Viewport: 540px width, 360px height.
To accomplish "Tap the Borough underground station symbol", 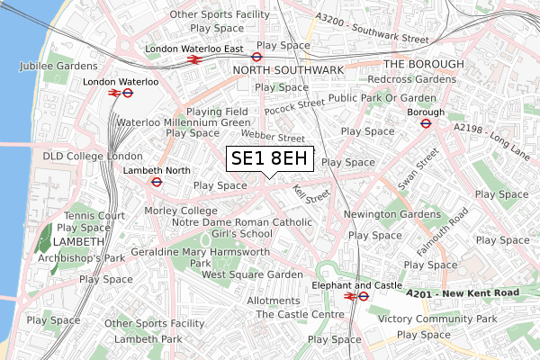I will click(427, 124).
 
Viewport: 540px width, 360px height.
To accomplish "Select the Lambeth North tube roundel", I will click(156, 180).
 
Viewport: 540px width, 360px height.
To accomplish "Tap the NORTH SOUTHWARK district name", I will click(288, 69).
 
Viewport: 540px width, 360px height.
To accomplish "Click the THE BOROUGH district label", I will click(423, 64).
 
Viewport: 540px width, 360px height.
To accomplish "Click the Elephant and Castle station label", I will click(357, 284).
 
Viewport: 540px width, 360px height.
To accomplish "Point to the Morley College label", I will click(181, 211).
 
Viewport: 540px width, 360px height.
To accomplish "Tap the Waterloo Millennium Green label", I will click(183, 121).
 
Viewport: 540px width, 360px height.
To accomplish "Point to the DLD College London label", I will click(80, 156).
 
